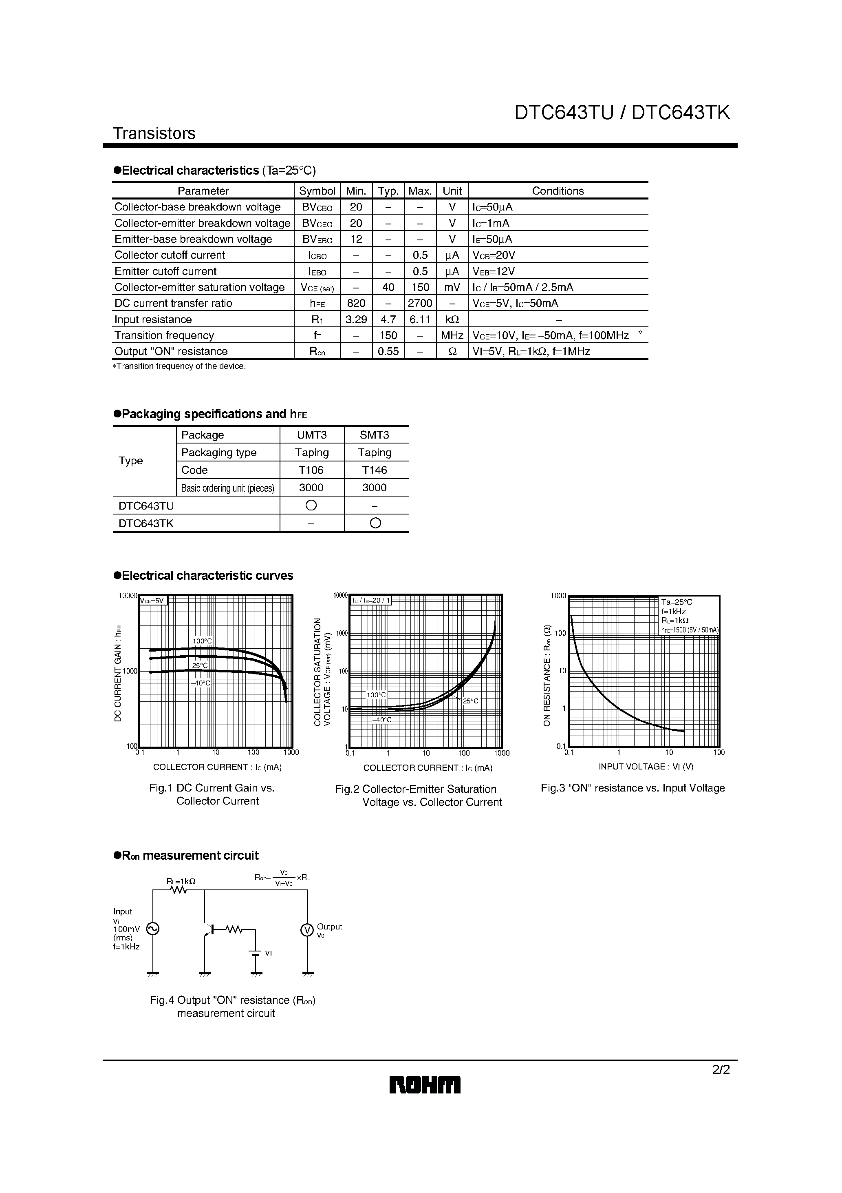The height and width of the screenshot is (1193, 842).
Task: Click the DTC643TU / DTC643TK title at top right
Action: coord(622,113)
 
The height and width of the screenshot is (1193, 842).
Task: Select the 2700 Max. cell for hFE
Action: coord(420,303)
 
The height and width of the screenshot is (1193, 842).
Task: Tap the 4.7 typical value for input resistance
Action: coord(388,319)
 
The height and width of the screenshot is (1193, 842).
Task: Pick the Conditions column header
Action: coord(558,191)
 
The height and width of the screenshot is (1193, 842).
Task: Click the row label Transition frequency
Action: coord(164,335)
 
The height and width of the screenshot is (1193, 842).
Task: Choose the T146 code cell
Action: coord(374,470)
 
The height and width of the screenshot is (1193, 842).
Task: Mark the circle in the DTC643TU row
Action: coord(311,505)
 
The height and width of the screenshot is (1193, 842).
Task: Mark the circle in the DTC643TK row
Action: coord(375,523)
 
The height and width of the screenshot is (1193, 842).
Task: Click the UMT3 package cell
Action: coord(311,435)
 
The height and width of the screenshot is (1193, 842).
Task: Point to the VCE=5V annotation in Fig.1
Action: coord(152,601)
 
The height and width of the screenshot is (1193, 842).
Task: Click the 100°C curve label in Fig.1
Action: coord(202,641)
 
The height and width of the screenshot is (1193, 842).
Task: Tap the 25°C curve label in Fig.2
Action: coord(470,701)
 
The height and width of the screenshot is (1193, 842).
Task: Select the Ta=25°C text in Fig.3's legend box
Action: coord(677,602)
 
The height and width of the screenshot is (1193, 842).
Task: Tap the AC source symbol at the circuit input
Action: coord(152,929)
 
